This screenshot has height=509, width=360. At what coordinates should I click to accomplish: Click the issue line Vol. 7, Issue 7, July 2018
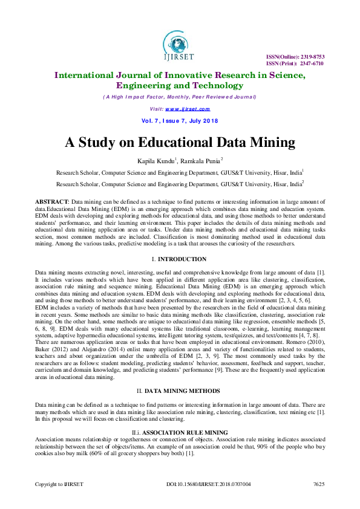pos(180,121)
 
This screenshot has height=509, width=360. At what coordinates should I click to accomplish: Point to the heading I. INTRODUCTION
pos(180,259)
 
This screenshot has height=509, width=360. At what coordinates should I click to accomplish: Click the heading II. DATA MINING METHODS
pos(180,392)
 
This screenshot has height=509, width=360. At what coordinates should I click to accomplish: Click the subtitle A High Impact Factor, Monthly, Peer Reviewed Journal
pos(180,97)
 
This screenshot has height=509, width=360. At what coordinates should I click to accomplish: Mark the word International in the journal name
pos(92,75)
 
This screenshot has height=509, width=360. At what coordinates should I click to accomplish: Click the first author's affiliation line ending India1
pos(180,172)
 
